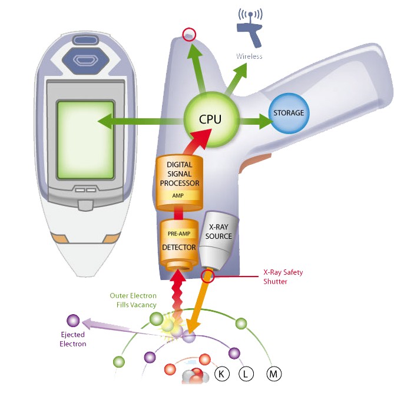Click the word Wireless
click(249, 56)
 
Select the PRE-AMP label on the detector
click(178, 234)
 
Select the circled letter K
click(222, 374)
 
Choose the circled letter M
click(273, 374)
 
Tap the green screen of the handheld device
click(85, 140)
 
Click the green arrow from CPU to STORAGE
click(254, 122)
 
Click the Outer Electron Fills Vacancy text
click(133, 300)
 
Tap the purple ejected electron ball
click(73, 321)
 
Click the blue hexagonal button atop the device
click(85, 59)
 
